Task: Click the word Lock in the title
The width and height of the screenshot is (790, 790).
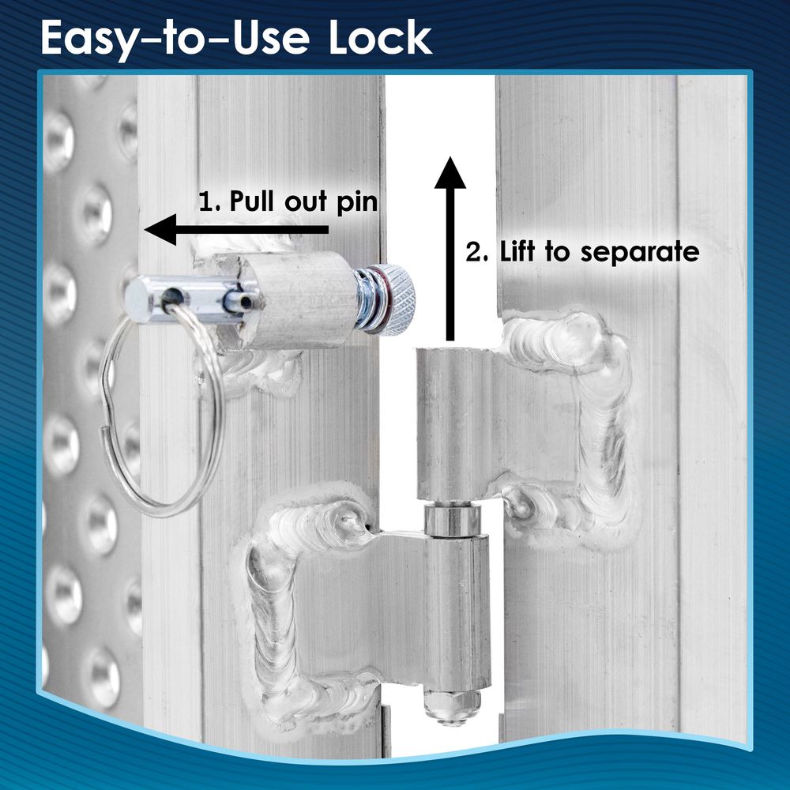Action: coord(381,38)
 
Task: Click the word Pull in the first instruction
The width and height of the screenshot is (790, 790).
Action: coord(253,201)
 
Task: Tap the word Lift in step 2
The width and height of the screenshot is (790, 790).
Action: coord(518,251)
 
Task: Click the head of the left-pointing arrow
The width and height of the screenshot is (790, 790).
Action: coord(160,230)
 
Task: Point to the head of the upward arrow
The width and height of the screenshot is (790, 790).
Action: coord(450,173)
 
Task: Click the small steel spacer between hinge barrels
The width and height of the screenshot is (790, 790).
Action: coord(450,520)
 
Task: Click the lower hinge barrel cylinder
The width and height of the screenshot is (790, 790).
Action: coord(456,612)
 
